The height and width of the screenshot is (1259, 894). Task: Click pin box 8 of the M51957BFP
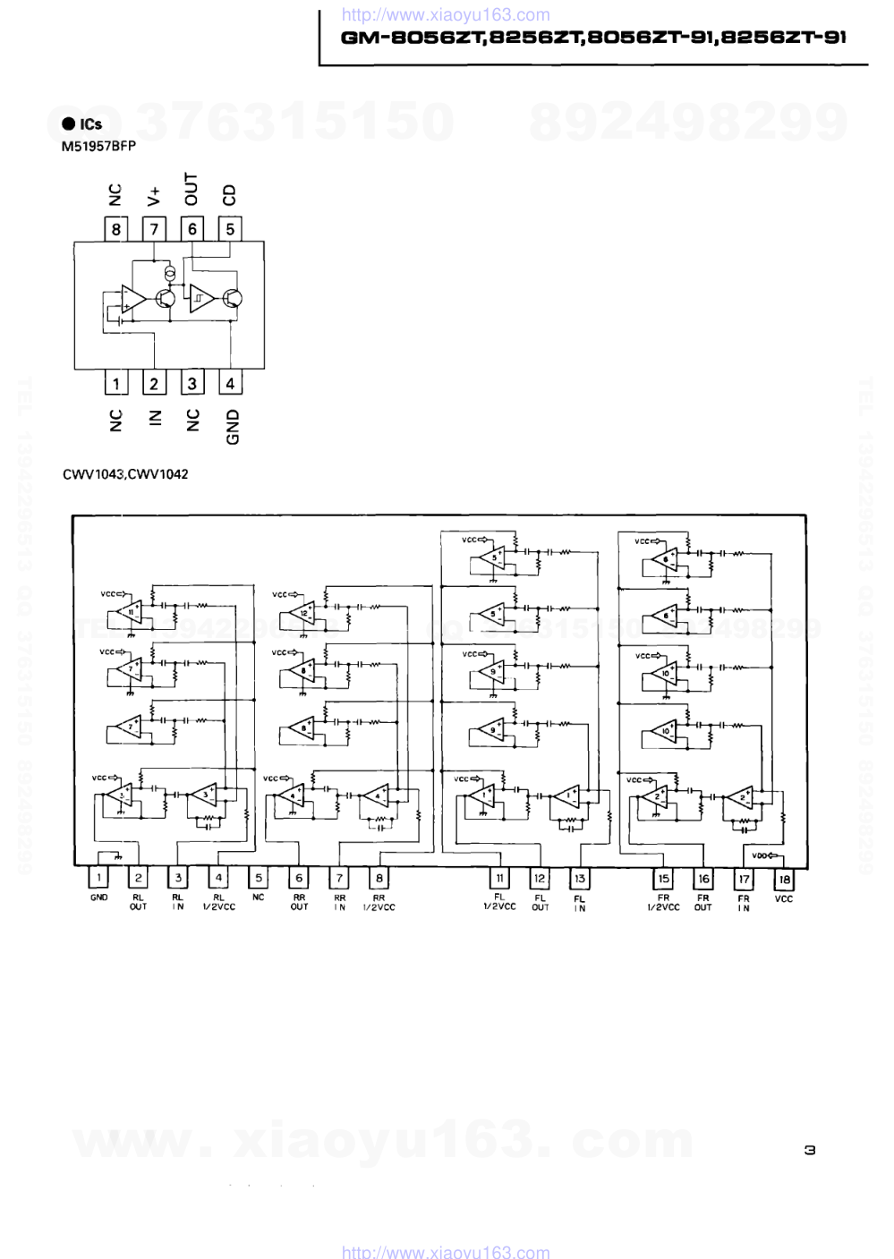(116, 229)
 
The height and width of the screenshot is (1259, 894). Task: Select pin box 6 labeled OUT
(192, 229)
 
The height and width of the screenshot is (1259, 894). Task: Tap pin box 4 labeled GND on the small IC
(230, 384)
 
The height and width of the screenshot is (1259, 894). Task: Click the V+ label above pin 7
(154, 196)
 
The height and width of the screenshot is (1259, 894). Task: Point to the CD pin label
(230, 194)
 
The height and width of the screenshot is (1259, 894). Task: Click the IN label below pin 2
(154, 418)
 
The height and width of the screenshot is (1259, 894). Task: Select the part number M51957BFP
(98, 147)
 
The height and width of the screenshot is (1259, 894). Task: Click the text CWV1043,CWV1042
(125, 474)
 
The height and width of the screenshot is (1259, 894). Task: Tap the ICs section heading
(82, 124)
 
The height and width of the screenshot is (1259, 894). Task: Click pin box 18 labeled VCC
(784, 880)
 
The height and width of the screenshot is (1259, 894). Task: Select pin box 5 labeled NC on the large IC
(259, 879)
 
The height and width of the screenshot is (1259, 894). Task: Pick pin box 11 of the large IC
(500, 879)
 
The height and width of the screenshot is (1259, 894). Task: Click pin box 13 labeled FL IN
(580, 879)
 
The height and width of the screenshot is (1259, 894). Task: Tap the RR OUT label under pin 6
(299, 902)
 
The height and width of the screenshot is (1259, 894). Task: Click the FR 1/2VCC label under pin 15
(663, 902)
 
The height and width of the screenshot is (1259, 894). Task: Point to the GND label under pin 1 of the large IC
(98, 897)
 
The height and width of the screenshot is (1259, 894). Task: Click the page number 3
(810, 1150)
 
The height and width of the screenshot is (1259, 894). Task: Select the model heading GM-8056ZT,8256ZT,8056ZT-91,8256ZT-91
(593, 38)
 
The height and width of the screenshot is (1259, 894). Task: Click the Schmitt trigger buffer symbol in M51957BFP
(200, 298)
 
